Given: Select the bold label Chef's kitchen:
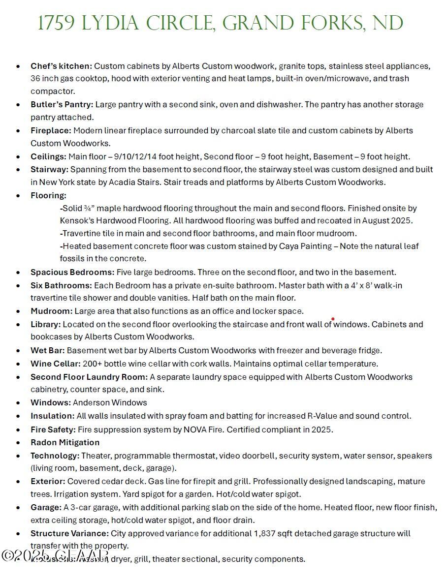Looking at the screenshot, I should [x=61, y=66].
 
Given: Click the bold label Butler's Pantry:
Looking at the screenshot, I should [x=62, y=104].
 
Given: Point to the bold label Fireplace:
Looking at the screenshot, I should [x=51, y=130].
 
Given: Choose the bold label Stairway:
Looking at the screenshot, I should [x=49, y=169].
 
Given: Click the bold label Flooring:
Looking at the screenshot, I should [x=48, y=195].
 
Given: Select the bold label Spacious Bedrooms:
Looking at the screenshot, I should [x=72, y=272].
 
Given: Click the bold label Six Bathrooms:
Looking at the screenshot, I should [x=61, y=285].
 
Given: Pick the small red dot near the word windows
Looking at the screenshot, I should [x=333, y=319].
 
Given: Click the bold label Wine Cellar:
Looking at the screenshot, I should [x=55, y=364].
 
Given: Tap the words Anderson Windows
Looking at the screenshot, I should [x=110, y=402].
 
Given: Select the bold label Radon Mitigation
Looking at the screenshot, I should [x=65, y=442].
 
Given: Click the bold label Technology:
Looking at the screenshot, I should [x=55, y=456].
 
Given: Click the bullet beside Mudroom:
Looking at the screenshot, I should [x=18, y=311].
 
